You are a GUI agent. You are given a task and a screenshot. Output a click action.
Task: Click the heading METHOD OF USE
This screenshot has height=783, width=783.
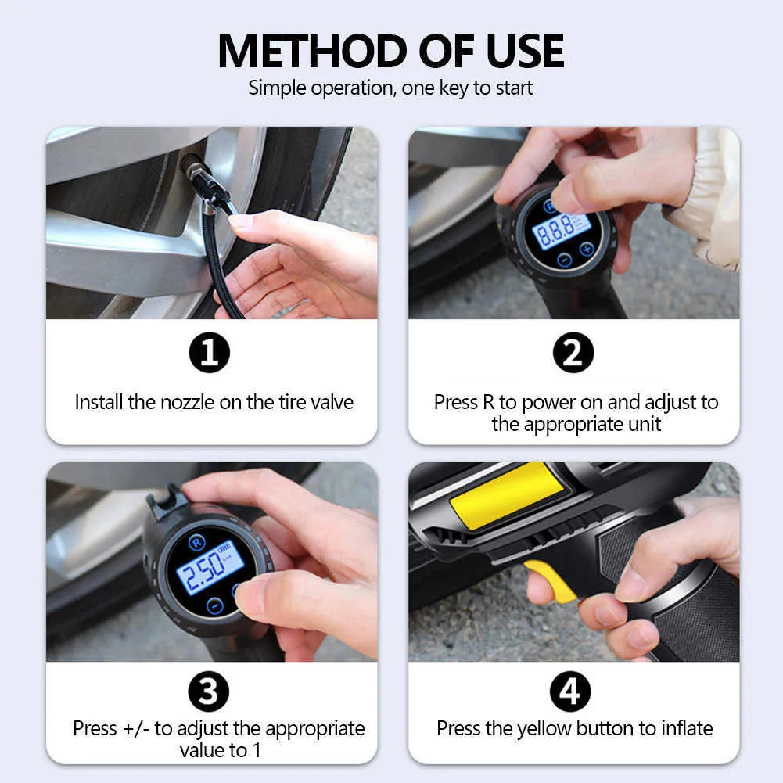point(391,51)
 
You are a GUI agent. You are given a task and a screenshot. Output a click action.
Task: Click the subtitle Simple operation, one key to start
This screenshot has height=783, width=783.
point(390,88)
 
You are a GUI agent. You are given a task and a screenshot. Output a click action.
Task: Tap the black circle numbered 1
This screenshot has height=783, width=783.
point(210,353)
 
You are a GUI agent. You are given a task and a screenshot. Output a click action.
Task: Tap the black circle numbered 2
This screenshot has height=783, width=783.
point(573,353)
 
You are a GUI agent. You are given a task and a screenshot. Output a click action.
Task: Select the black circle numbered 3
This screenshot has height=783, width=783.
point(210,692)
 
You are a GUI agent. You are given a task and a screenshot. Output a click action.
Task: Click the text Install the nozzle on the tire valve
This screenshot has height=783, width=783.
point(214,402)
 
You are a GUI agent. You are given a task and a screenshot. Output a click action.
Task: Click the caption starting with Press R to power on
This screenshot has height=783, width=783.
point(576,413)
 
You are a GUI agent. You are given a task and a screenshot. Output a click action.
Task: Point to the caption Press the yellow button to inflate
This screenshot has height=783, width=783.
point(575,728)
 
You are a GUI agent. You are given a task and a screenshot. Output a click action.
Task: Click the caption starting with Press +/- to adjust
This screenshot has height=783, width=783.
point(218,739)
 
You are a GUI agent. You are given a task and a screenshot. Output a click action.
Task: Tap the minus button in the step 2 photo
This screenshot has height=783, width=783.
point(564,260)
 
